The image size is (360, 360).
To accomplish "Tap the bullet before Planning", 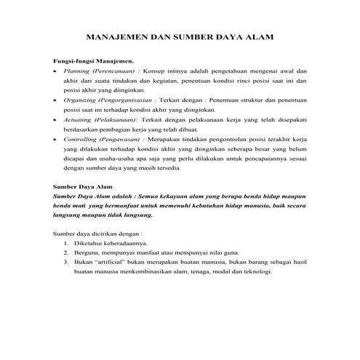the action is pos(56,73).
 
